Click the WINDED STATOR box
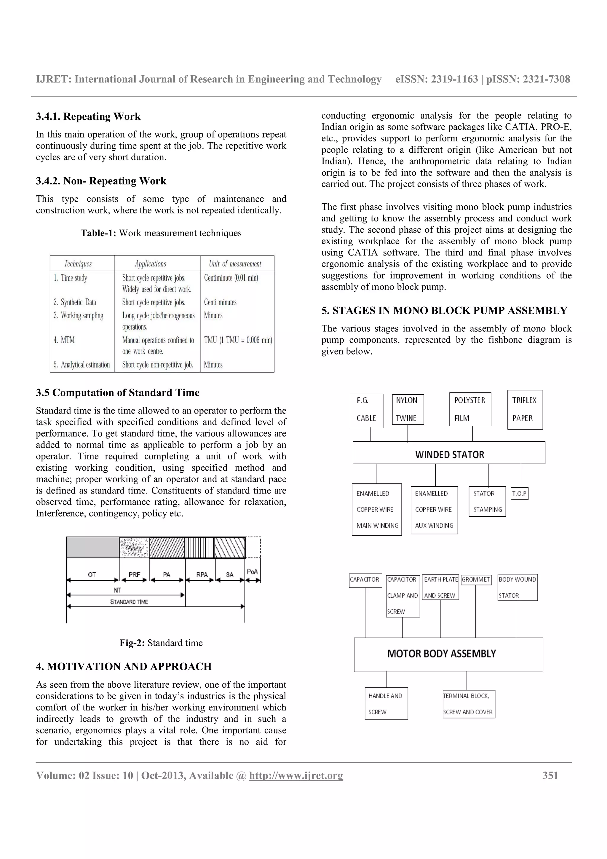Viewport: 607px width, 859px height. pos(449,453)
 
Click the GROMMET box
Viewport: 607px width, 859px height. pos(476,579)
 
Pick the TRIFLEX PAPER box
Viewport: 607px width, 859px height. pos(525,410)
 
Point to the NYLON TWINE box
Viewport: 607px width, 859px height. pos(408,409)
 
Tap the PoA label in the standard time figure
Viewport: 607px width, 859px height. pos(253,571)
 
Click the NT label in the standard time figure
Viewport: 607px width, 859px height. pos(117,590)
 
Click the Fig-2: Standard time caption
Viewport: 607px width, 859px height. pos(161,643)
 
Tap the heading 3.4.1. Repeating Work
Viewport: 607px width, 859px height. pos(88,117)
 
